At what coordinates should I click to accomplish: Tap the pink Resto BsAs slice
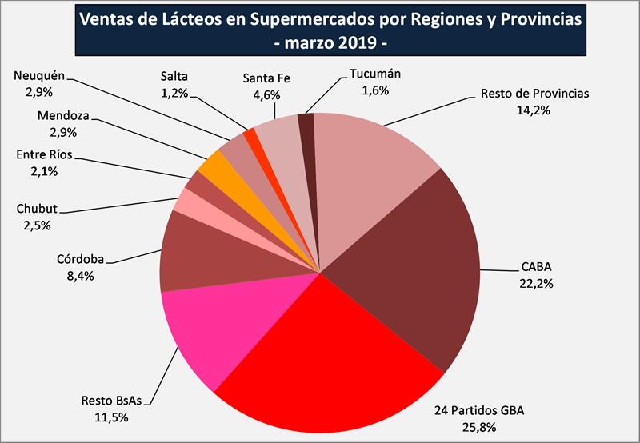coord(208,336)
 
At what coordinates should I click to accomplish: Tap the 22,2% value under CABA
coord(535,283)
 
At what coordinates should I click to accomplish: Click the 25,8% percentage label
coord(479,427)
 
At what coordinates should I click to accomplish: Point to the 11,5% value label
coord(110,417)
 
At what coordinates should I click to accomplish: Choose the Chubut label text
coord(37,210)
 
